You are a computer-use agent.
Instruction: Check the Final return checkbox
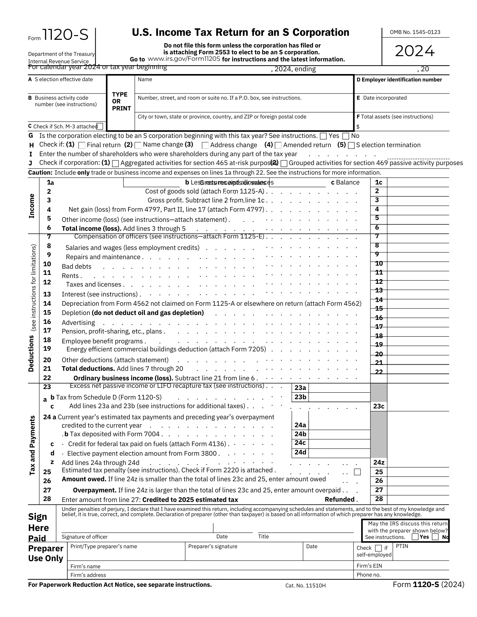[x=82, y=145]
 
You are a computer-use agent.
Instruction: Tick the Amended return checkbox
[x=278, y=145]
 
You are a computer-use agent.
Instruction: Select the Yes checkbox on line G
[x=324, y=136]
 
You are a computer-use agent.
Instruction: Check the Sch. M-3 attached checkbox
[x=100, y=126]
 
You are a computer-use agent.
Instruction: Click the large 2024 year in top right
[x=415, y=51]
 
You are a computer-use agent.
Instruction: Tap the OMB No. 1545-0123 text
[x=415, y=32]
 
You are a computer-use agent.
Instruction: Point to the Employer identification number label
[x=399, y=80]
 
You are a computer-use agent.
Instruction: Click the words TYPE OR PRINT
[x=121, y=101]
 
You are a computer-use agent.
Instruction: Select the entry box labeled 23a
[x=339, y=388]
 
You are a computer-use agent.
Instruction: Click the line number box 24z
[x=379, y=462]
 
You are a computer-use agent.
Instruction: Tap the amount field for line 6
[x=418, y=229]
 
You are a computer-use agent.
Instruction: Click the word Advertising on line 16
[x=78, y=323]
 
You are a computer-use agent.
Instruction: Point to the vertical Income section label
[x=31, y=206]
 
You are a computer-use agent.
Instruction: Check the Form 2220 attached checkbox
[x=357, y=472]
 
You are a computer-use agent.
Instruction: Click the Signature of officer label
[x=85, y=537]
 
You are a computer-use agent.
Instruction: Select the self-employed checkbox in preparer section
[x=378, y=548]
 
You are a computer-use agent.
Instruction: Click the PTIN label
[x=402, y=546]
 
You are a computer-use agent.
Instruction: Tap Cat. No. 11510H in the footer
[x=305, y=586]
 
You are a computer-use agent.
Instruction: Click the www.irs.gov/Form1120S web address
[x=184, y=59]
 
